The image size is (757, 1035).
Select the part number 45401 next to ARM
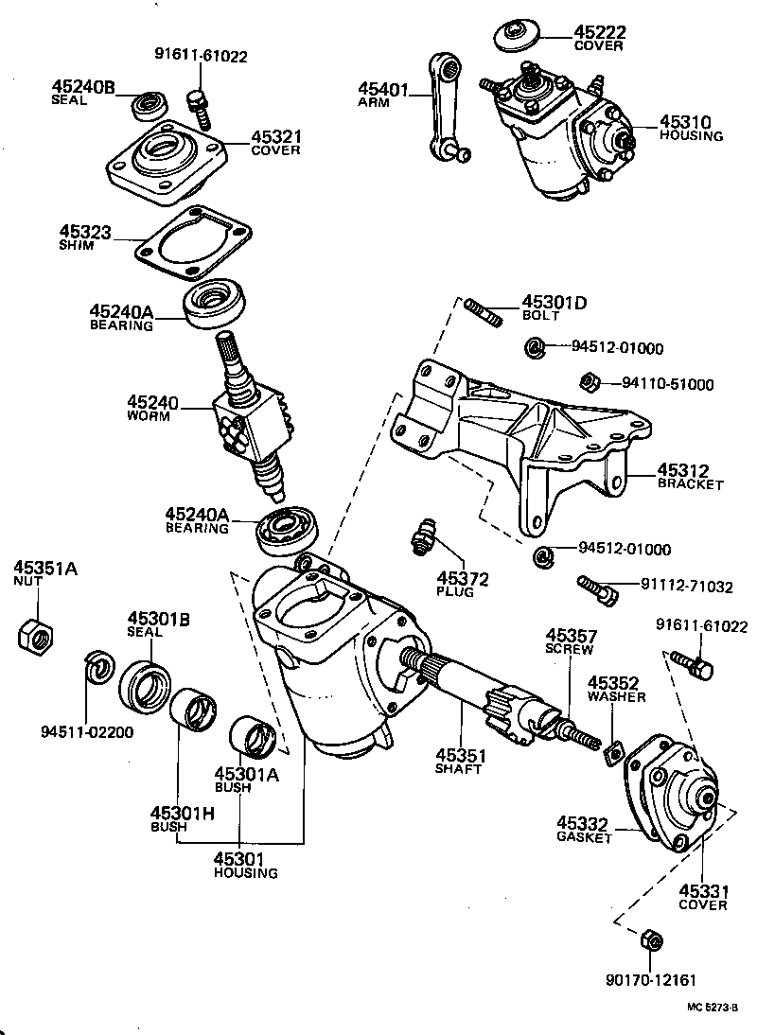pos(381,90)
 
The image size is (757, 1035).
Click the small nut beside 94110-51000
pos(586,382)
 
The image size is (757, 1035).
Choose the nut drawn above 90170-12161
pos(651,940)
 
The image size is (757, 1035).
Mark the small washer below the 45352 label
pos(612,751)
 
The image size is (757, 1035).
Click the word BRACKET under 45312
pos(690,484)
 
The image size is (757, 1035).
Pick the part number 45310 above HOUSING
pos(685,122)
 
